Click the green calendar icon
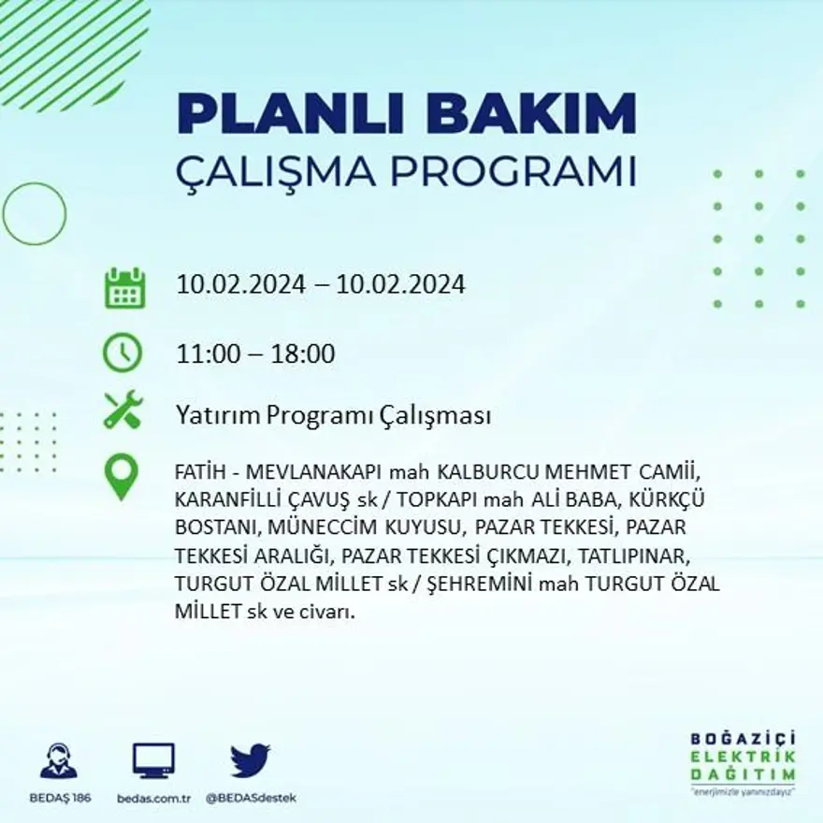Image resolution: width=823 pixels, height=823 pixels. tap(123, 288)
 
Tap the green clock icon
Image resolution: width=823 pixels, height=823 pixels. tap(123, 354)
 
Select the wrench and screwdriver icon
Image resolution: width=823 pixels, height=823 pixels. tap(123, 410)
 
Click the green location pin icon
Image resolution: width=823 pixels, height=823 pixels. tap(122, 476)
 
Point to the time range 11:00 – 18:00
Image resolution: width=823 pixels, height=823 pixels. tap(255, 354)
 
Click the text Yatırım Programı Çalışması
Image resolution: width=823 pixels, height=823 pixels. tap(333, 415)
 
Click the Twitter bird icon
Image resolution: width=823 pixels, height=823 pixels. tap(250, 760)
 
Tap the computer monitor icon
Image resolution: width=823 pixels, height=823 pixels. tap(153, 760)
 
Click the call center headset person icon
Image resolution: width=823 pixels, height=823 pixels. tap(59, 760)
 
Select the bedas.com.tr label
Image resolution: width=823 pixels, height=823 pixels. tap(153, 798)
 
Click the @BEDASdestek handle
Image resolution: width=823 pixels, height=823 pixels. tap(250, 798)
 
